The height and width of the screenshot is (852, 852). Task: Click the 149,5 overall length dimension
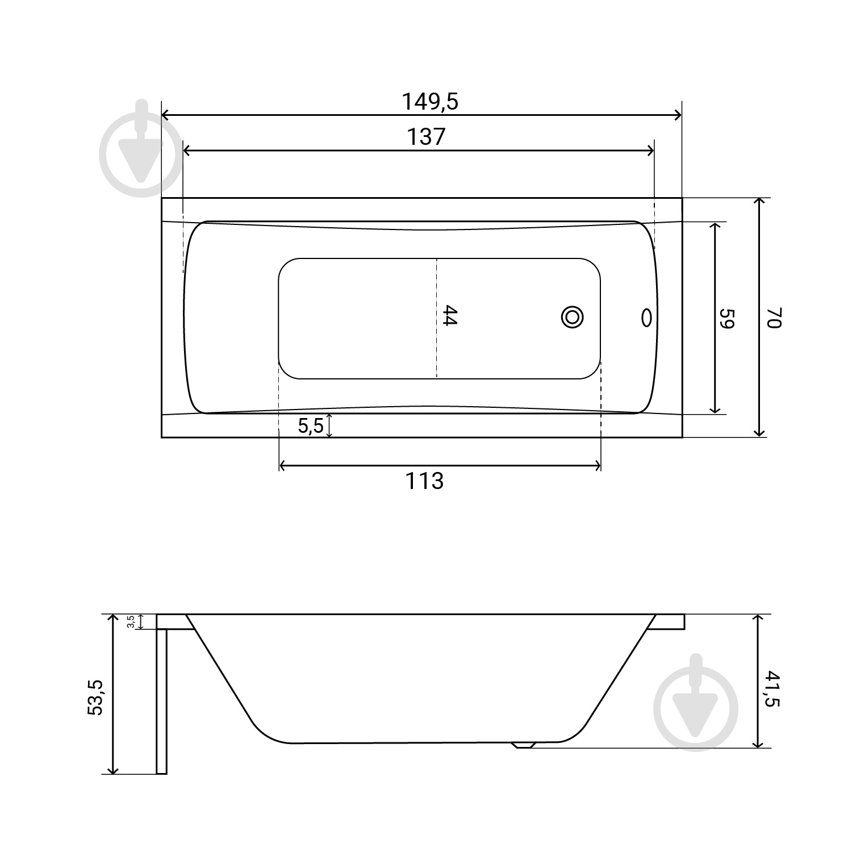click(x=430, y=102)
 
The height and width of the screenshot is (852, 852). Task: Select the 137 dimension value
click(x=426, y=137)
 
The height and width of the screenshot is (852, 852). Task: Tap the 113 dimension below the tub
click(x=424, y=481)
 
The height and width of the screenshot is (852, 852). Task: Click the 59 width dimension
click(x=728, y=319)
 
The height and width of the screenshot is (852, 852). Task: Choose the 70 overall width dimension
click(x=775, y=318)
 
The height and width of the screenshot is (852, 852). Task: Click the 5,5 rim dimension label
click(x=311, y=425)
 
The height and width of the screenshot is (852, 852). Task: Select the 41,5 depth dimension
click(x=773, y=688)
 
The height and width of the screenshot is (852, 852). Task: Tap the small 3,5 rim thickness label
click(x=131, y=621)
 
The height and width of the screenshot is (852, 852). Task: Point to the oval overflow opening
click(x=646, y=318)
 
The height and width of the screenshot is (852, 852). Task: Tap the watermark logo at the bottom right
click(x=696, y=703)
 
